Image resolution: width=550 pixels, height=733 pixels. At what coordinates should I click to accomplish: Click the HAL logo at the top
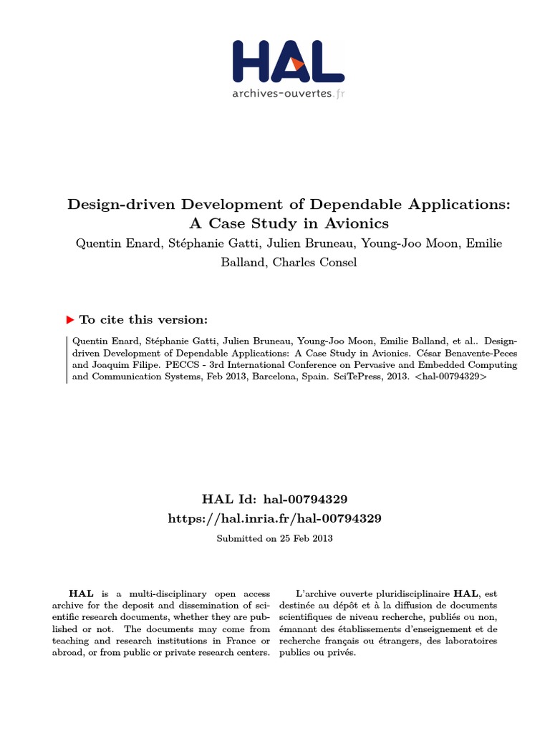(289, 62)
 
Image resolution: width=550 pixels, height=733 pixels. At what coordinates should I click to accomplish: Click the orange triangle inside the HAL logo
(298, 63)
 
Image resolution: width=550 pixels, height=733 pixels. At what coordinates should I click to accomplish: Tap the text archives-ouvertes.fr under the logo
(289, 93)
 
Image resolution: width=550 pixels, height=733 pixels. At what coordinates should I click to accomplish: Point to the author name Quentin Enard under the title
(115, 243)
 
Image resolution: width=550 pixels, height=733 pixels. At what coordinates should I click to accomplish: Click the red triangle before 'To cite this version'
(70, 319)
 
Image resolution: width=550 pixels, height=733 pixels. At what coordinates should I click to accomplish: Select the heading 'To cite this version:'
(143, 320)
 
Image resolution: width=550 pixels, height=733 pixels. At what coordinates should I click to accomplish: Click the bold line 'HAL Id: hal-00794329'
(275, 498)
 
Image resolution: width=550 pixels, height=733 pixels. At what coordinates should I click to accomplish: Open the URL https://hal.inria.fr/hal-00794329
(275, 518)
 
